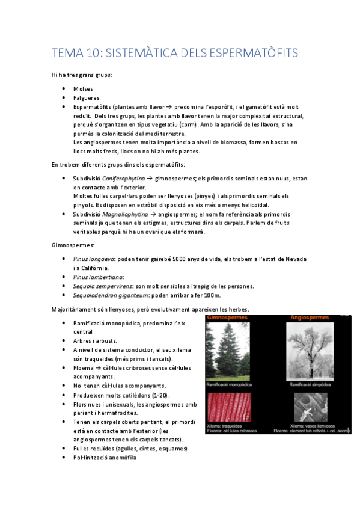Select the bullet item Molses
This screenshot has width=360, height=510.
point(83,88)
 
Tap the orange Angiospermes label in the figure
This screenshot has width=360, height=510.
point(310,317)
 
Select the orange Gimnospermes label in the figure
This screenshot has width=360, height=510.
point(229,317)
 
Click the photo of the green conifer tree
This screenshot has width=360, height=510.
point(235,350)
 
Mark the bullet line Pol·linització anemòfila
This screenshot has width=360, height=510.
point(105,458)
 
